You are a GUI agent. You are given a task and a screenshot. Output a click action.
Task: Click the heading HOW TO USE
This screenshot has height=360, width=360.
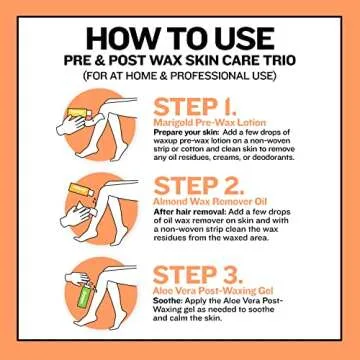pyautogui.click(x=180, y=37)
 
